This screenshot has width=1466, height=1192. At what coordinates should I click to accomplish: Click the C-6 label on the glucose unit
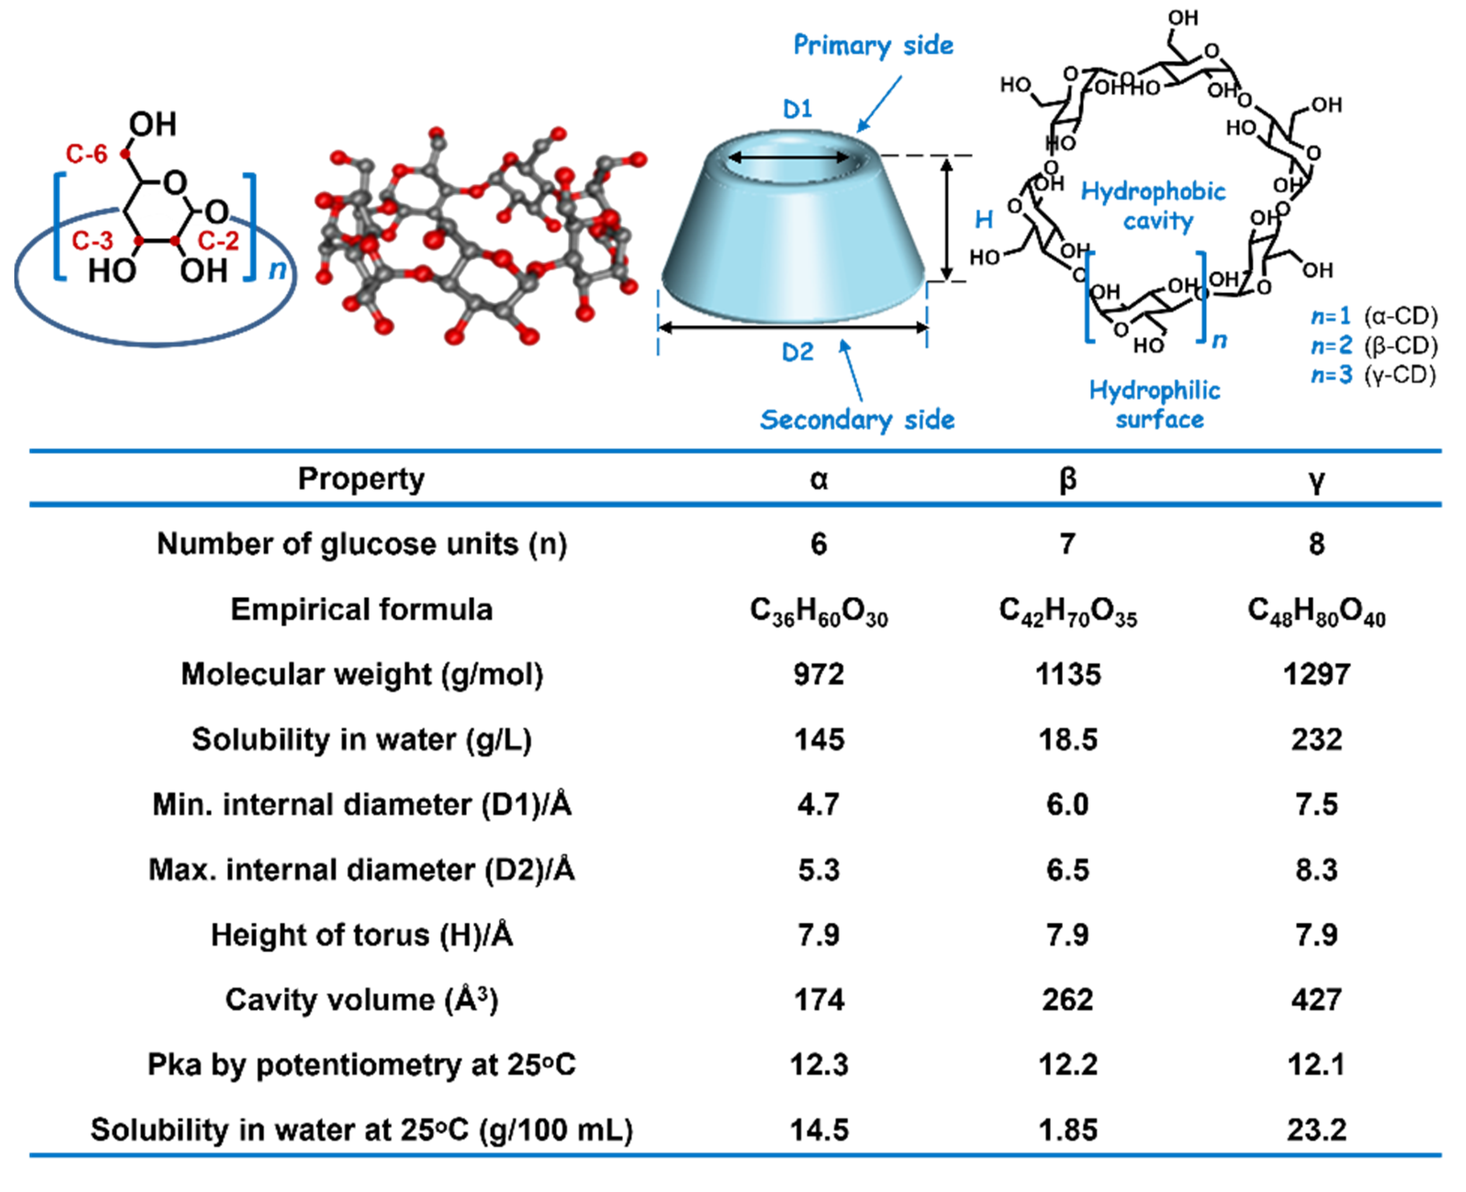pyautogui.click(x=86, y=154)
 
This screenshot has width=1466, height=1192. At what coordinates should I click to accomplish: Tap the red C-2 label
pyautogui.click(x=219, y=241)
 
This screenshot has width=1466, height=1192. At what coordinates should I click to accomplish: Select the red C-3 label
pyautogui.click(x=93, y=241)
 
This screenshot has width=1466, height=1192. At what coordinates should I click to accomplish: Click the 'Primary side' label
pyautogui.click(x=873, y=45)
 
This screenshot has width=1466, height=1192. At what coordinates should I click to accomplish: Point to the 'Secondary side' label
pyautogui.click(x=857, y=419)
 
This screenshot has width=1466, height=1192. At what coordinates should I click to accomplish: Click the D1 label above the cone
pyautogui.click(x=797, y=108)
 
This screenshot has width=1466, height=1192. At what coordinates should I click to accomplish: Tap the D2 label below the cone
pyautogui.click(x=797, y=352)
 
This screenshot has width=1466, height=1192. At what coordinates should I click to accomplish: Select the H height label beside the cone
pyautogui.click(x=984, y=220)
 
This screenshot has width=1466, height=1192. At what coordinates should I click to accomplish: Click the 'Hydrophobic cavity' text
pyautogui.click(x=1154, y=205)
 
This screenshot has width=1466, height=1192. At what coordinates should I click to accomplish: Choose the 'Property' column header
pyautogui.click(x=361, y=478)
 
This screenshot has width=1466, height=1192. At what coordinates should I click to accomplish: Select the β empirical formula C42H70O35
pyautogui.click(x=1068, y=611)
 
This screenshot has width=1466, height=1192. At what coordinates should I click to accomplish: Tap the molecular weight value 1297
pyautogui.click(x=1316, y=674)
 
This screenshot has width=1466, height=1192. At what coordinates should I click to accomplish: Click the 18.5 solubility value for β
pyautogui.click(x=1068, y=739)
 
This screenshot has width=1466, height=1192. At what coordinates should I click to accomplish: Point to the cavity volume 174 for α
pyautogui.click(x=819, y=1000)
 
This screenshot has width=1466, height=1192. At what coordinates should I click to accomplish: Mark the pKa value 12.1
pyautogui.click(x=1316, y=1064)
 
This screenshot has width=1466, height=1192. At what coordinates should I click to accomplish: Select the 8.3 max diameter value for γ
pyautogui.click(x=1316, y=870)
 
